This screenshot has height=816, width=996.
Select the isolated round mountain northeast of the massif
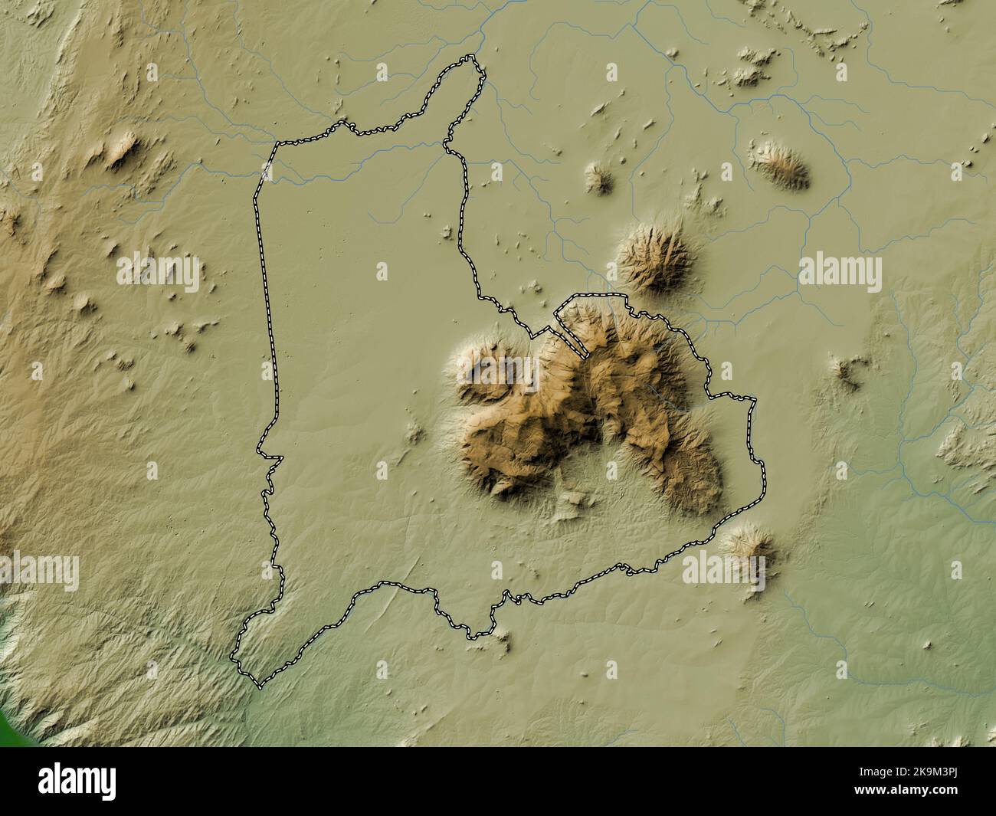point(656,257)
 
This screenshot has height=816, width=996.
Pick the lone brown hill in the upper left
point(120,151)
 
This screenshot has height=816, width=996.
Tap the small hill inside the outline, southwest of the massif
point(415,433)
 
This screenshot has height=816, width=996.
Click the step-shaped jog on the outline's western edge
point(272,457)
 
